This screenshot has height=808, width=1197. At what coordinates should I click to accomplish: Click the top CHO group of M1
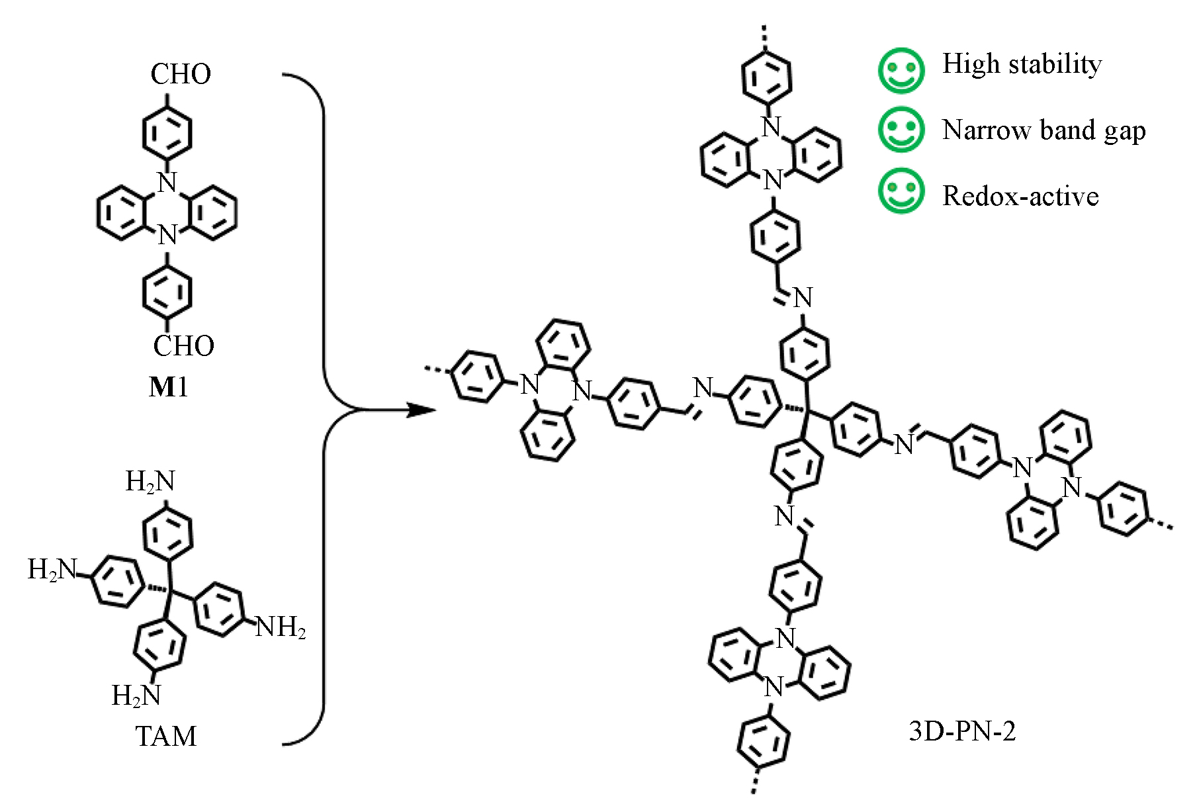180,73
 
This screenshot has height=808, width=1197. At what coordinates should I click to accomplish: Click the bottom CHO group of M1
183,345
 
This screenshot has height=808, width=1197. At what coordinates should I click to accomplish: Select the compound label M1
168,387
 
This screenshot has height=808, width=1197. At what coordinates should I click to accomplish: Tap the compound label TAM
166,736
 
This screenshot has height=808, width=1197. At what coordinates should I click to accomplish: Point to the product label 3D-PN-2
961,731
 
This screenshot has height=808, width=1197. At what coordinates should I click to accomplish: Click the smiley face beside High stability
901,70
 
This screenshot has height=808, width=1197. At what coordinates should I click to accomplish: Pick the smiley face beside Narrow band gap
901,129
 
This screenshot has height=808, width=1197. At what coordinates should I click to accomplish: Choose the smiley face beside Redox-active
901,191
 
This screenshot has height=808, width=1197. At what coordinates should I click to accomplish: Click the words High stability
1022,64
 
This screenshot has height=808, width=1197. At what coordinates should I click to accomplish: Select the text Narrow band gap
1043,130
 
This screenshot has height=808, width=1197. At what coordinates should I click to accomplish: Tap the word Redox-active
1020,196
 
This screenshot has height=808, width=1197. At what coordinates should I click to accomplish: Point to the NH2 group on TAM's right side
281,627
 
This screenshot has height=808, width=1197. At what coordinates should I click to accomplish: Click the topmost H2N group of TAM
150,482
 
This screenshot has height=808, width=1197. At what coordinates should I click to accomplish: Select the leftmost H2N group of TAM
52,569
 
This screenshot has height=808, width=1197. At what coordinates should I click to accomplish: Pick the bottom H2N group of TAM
136,696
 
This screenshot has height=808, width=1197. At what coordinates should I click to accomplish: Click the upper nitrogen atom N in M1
167,182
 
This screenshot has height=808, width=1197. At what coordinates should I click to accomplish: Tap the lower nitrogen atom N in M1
167,235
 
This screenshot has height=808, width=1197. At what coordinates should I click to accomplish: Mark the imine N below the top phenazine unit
803,298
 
